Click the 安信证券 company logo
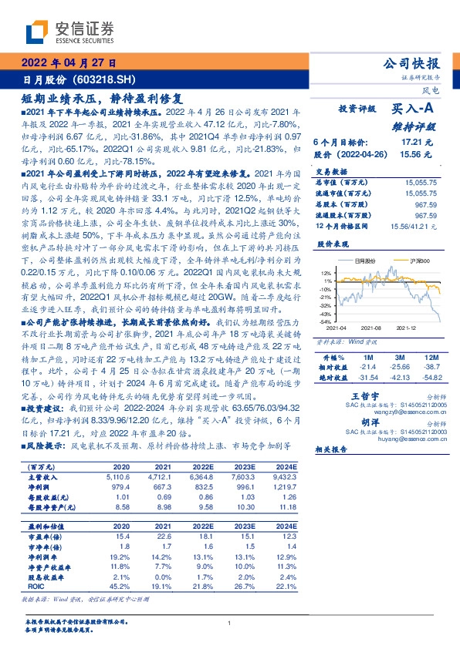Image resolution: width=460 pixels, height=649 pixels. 69,32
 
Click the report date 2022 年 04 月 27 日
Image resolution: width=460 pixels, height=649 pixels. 68,64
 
